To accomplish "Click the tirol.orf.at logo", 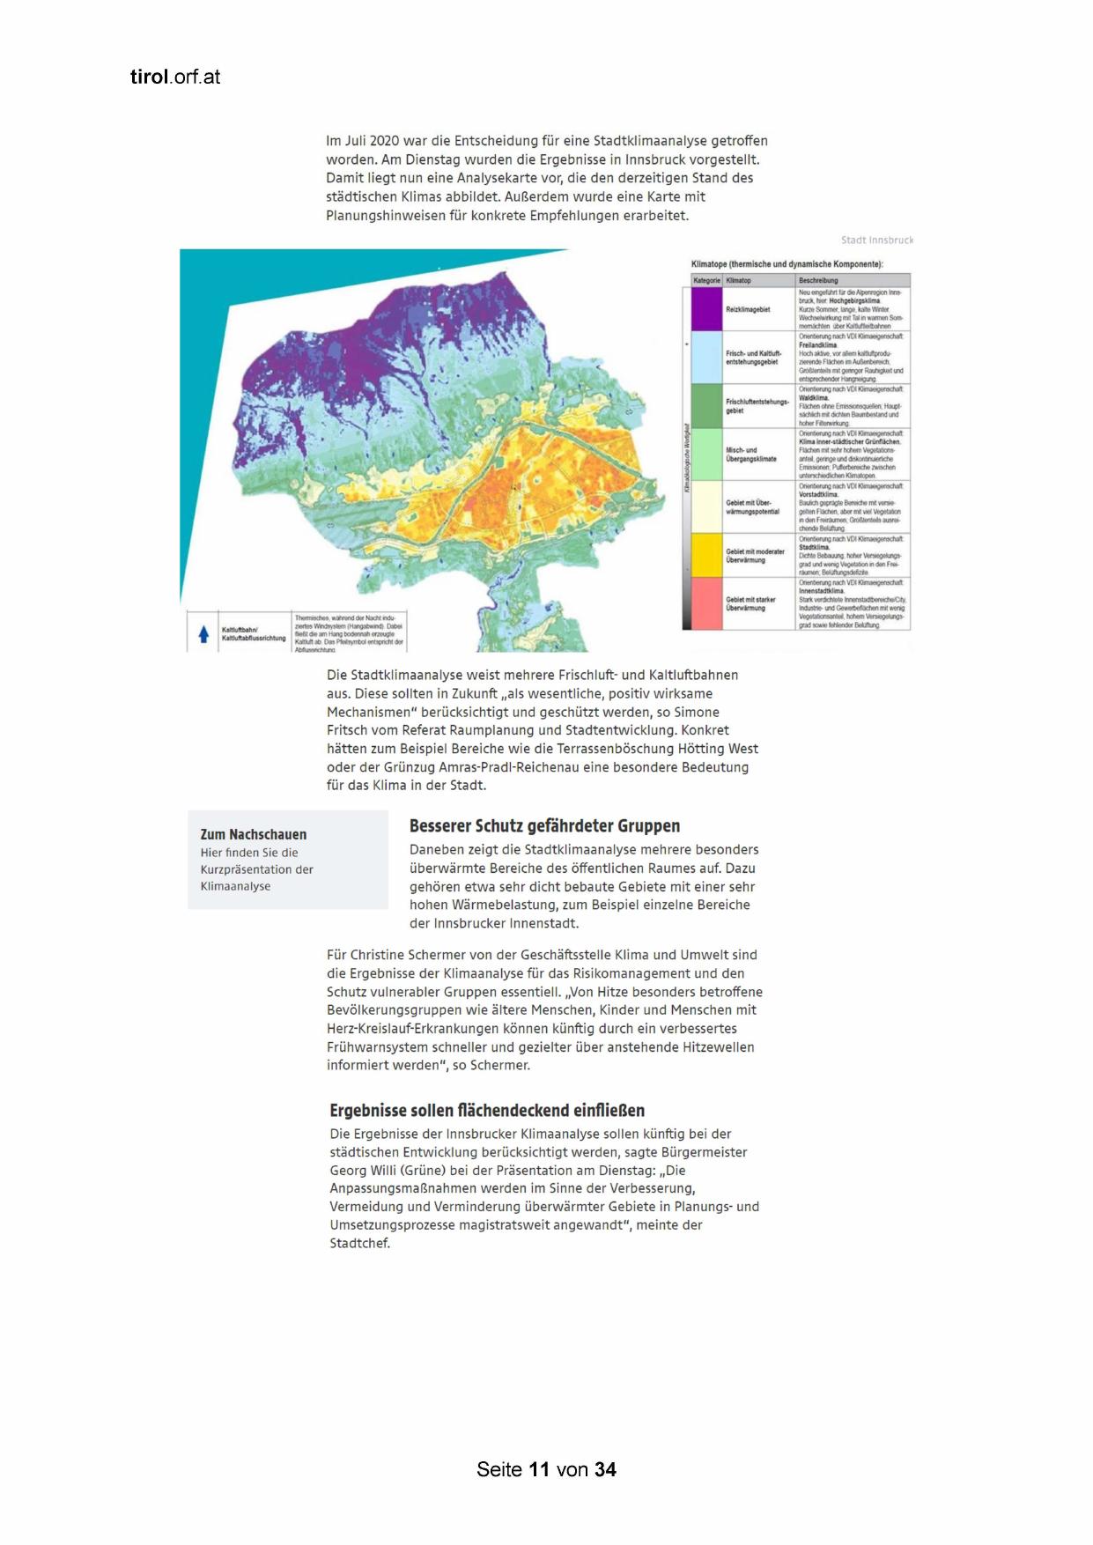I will (x=174, y=77).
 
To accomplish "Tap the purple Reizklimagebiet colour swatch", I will (x=705, y=309).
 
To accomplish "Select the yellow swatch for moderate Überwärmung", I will (x=705, y=555).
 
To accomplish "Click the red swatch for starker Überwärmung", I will (x=705, y=603).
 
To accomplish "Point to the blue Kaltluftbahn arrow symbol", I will (x=203, y=633).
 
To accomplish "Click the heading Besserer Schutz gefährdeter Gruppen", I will (x=544, y=826).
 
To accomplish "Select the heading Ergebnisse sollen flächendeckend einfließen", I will (x=487, y=1111).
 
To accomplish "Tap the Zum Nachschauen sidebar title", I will (x=254, y=834).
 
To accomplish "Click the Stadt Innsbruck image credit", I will (x=876, y=240).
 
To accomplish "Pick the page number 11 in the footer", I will (x=539, y=1469).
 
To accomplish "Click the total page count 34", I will (x=605, y=1469).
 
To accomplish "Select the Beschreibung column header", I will (x=818, y=280).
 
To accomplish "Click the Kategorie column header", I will (x=706, y=280).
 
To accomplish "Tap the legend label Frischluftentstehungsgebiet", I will (x=757, y=406).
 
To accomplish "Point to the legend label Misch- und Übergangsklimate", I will (x=751, y=455).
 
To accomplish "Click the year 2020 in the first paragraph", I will (x=385, y=141).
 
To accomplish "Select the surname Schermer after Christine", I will (x=456, y=955).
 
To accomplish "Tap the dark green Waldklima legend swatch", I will (x=705, y=406).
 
